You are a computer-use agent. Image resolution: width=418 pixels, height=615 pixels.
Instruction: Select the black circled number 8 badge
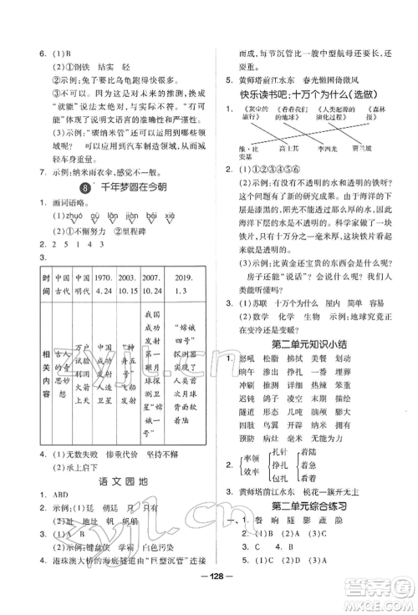coord(83,191)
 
